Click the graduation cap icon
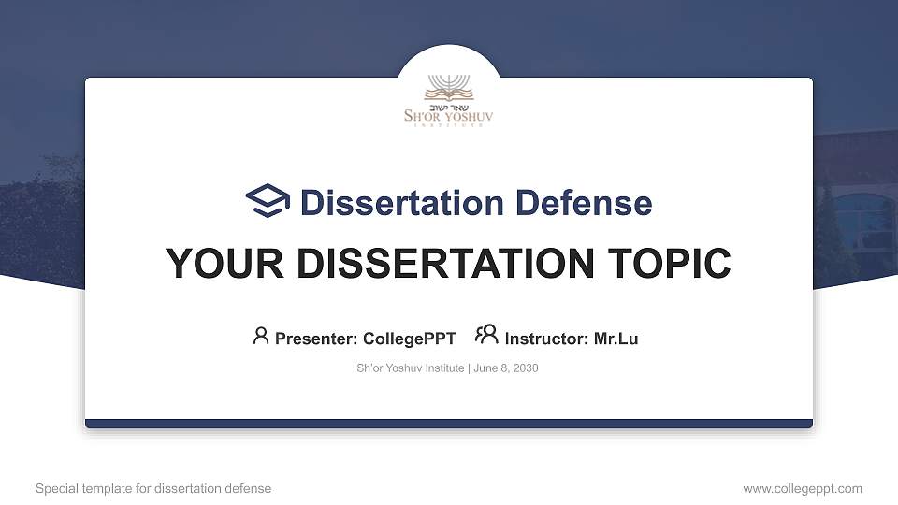268,201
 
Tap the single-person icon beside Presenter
261,336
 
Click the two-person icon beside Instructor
486,335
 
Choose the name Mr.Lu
616,339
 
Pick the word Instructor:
546,339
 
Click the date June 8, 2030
506,368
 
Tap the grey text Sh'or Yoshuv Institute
410,368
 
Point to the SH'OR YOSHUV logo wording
449,117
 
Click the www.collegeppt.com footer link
802,488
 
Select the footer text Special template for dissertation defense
153,488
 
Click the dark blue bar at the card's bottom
449,424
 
